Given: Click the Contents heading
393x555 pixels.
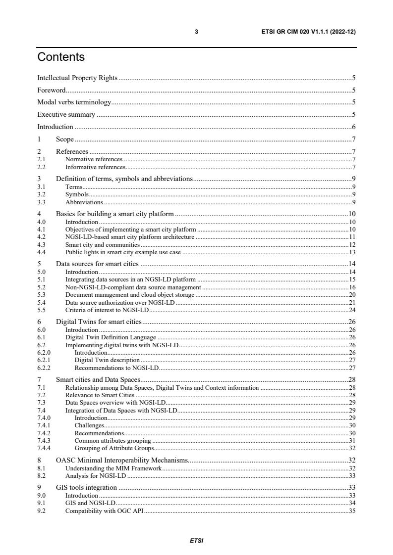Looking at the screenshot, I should coord(61,57).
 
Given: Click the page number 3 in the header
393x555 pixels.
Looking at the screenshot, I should coord(196,32).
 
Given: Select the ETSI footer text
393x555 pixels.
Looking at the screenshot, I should coord(196,541).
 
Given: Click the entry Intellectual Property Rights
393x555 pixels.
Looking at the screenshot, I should coord(77,78).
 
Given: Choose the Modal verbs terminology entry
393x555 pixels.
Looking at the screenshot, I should coord(74,102).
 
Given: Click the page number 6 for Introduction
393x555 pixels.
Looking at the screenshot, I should coord(354,127).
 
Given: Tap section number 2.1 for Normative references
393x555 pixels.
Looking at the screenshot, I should coord(41,160).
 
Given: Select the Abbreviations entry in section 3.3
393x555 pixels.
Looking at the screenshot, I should coord(84,202).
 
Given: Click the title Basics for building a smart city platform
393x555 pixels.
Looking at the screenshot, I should coord(115,214).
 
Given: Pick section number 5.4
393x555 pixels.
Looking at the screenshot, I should coord(41,302).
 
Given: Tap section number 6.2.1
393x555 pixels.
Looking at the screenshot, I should coord(44,361).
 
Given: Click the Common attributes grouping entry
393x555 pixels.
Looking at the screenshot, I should coord(113,441).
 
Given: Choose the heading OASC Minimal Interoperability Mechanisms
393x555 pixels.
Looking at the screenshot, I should coord(122,461).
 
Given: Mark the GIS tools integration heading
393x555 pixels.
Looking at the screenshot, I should coord(86,488).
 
